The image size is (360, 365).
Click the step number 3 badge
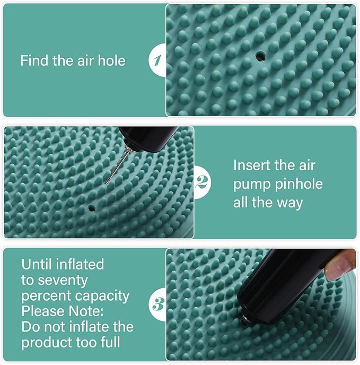pos(157,305)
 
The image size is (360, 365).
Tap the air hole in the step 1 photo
pos(259,55)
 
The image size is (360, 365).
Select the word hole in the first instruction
pos(111,60)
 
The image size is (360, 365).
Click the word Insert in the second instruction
pos(253,165)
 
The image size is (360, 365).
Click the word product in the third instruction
pos(43,342)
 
